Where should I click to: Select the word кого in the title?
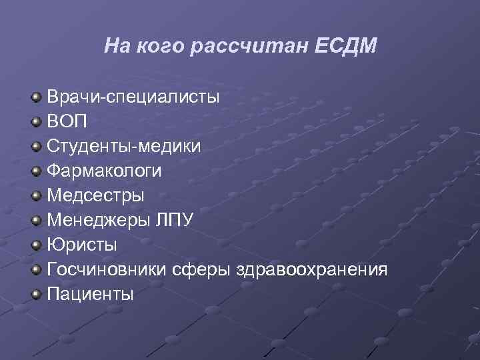[161, 46]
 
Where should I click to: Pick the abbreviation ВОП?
[67, 123]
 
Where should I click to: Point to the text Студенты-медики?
[123, 147]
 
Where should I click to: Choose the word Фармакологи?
[104, 171]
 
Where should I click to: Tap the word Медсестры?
[95, 196]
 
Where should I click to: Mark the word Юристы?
[82, 245]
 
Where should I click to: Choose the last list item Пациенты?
[91, 293]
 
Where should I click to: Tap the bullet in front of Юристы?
[37, 245]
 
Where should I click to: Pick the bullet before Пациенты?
[37, 294]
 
